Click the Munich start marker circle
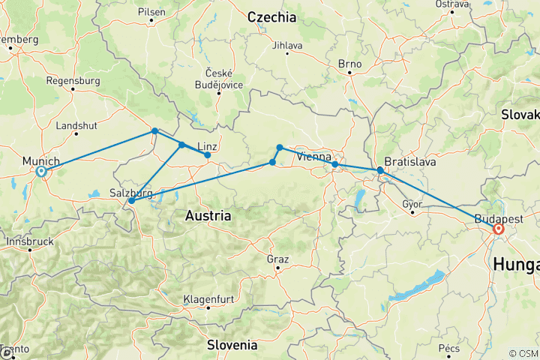(41, 172)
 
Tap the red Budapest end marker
(498, 229)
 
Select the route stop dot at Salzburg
(131, 200)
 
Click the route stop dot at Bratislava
(380, 171)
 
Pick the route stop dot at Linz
(208, 155)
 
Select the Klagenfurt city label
(208, 299)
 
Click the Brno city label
(349, 64)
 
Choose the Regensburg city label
(73, 80)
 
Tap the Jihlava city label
(288, 45)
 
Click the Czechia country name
(271, 16)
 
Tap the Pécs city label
(449, 349)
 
